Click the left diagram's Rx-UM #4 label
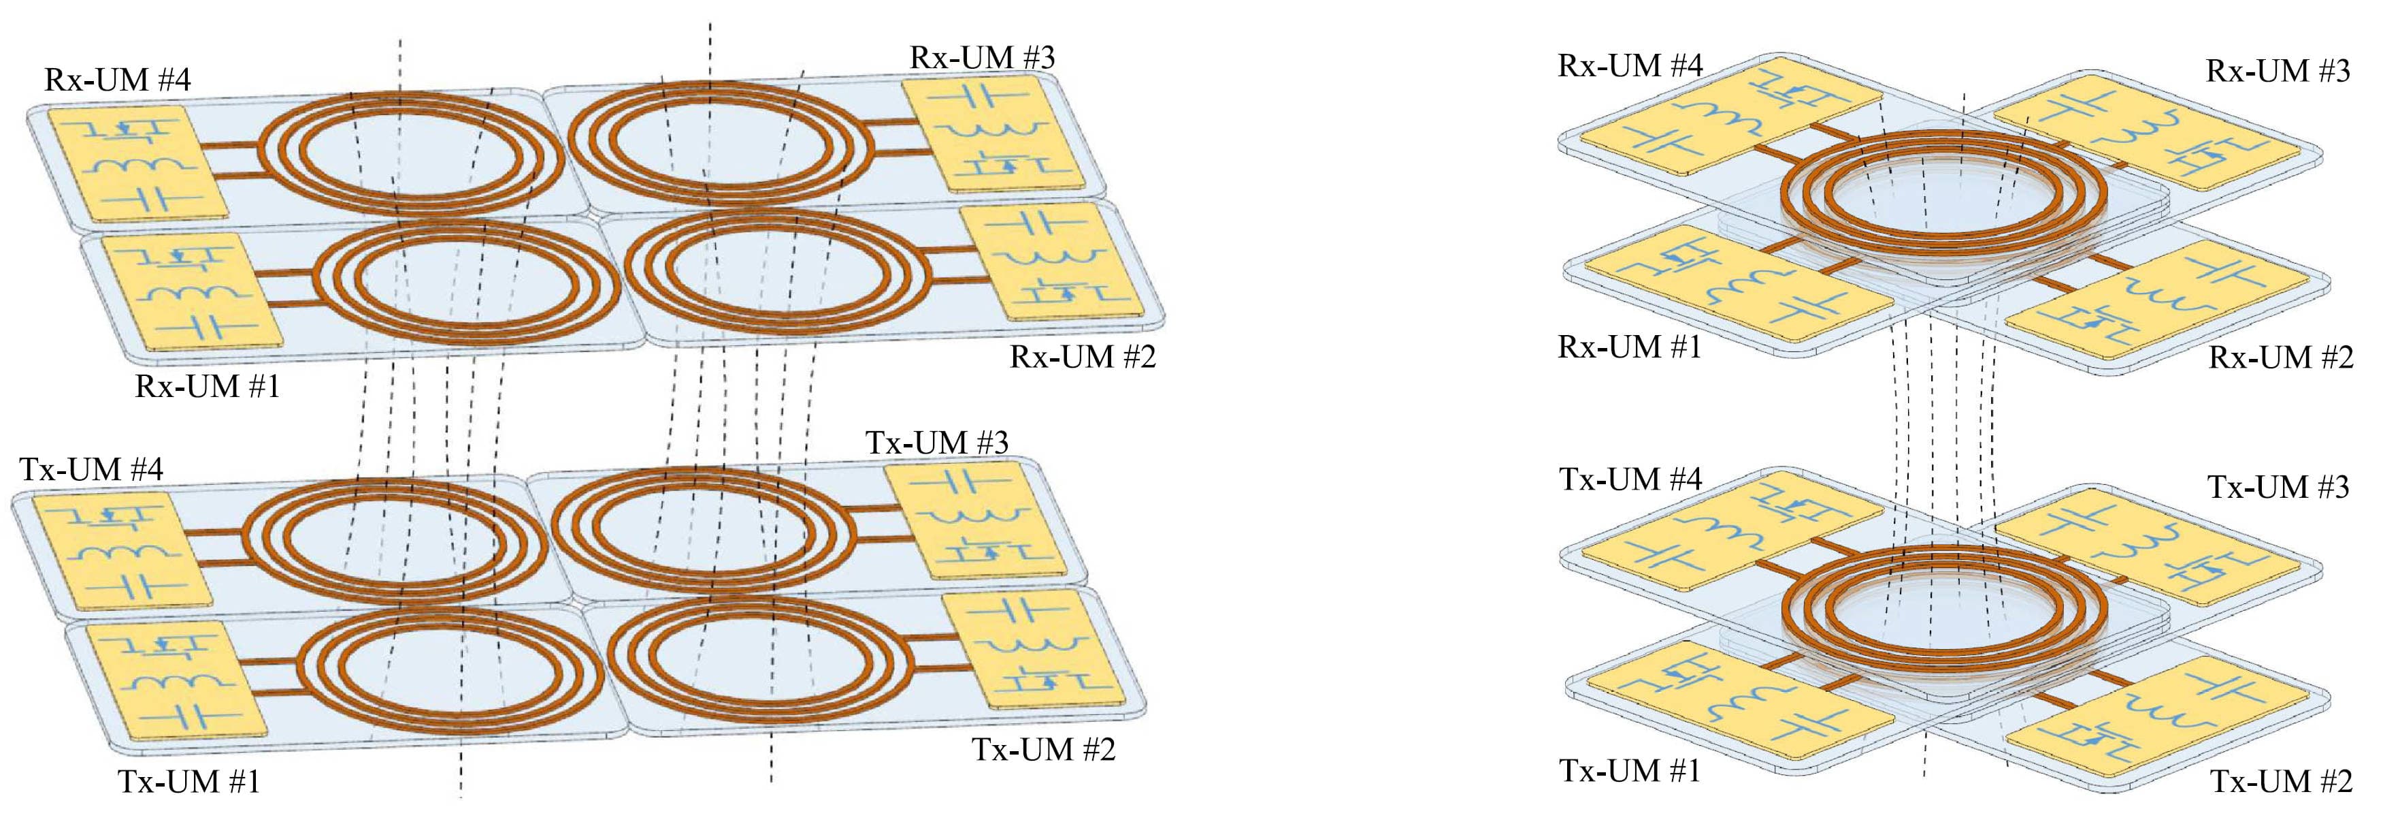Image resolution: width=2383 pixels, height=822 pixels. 118,80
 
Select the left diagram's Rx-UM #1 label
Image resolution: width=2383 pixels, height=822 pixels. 208,386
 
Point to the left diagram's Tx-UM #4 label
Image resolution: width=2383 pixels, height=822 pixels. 92,469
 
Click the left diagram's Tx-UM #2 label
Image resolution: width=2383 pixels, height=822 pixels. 1042,749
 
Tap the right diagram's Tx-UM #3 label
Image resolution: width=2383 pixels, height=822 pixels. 2278,487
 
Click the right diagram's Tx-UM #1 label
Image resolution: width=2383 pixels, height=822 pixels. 1630,770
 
